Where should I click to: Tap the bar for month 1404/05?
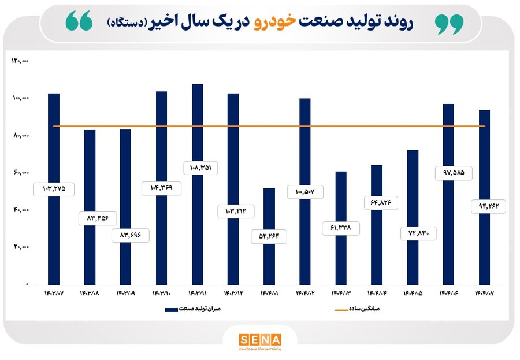click(413, 191)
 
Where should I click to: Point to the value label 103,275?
click(54, 189)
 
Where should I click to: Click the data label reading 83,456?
click(98, 218)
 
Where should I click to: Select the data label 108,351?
click(197, 168)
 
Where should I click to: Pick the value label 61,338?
click(341, 228)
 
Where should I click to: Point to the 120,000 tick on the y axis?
click(20, 61)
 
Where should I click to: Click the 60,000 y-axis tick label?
click(21, 173)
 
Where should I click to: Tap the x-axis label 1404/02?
click(305, 294)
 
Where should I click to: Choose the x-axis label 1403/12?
click(233, 294)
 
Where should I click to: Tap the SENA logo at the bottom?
click(259, 339)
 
